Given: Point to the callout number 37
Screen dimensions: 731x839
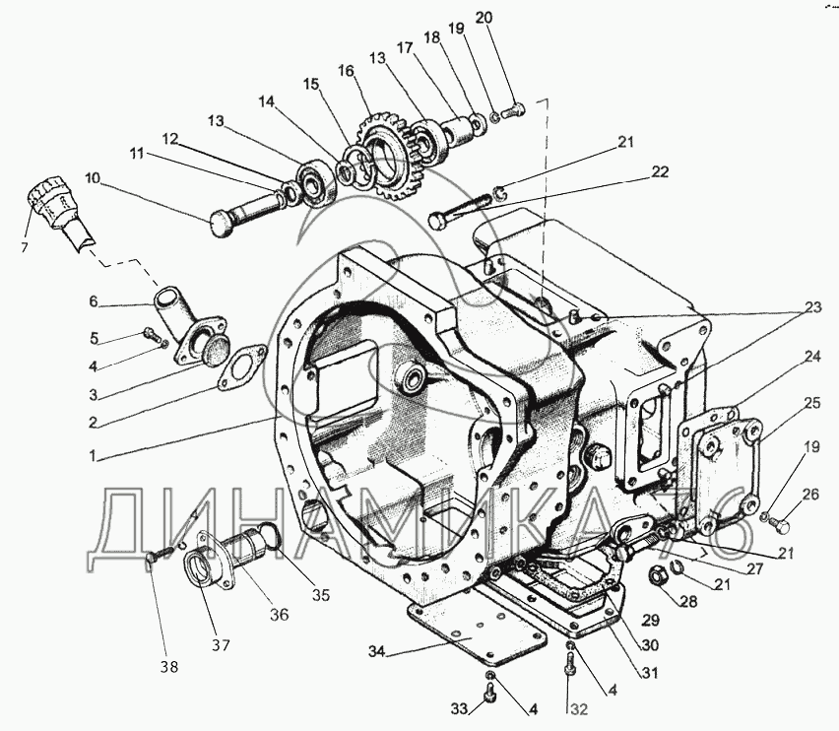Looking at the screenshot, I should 220,645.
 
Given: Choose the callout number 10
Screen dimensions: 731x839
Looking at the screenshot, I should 92,178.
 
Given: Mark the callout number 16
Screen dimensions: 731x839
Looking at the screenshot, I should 346,71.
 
